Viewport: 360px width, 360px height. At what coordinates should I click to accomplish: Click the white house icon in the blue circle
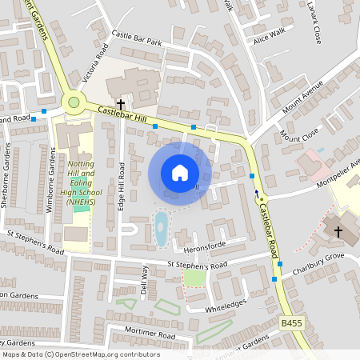click(180, 173)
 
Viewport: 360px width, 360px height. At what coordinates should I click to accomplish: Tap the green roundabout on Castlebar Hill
click(74, 102)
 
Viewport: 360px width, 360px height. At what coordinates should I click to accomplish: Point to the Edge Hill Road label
click(122, 185)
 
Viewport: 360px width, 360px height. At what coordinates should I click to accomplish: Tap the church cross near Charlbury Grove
click(338, 232)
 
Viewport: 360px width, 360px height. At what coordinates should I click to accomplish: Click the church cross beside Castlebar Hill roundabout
click(122, 104)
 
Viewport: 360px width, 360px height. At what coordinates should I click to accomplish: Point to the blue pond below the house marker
click(161, 229)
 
